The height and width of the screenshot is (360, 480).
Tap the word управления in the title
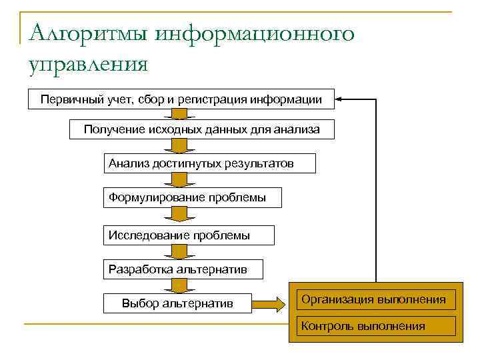(87, 65)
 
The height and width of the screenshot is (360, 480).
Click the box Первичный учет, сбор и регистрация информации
(181, 99)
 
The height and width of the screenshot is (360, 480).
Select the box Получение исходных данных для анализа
(201, 129)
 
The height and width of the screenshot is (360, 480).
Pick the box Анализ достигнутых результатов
(209, 163)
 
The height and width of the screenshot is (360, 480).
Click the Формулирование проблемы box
(192, 198)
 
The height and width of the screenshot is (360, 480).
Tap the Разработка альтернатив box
(183, 269)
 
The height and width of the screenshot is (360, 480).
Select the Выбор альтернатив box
(177, 304)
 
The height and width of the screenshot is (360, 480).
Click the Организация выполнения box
(373, 299)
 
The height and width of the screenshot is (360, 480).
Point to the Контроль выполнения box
(373, 326)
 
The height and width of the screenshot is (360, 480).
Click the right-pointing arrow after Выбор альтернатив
(270, 304)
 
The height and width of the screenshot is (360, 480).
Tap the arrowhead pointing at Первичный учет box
(339, 99)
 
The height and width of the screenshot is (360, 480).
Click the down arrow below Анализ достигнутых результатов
(178, 180)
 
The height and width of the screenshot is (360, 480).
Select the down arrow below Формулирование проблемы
(178, 215)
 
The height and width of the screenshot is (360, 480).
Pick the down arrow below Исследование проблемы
(178, 251)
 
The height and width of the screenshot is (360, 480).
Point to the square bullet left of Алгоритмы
(24, 34)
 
